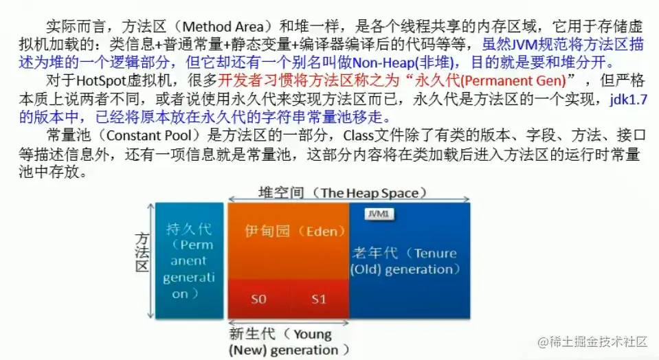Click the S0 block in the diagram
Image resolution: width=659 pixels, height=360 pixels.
[258, 300]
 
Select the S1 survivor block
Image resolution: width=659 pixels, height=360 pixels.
[319, 300]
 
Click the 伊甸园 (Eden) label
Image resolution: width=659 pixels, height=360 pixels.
[287, 231]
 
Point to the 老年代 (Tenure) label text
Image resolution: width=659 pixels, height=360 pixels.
[404, 253]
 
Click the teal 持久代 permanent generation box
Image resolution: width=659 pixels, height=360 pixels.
[188, 260]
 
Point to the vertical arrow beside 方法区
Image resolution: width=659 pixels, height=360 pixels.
[151, 260]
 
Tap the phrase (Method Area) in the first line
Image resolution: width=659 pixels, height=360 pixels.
[227, 27]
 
